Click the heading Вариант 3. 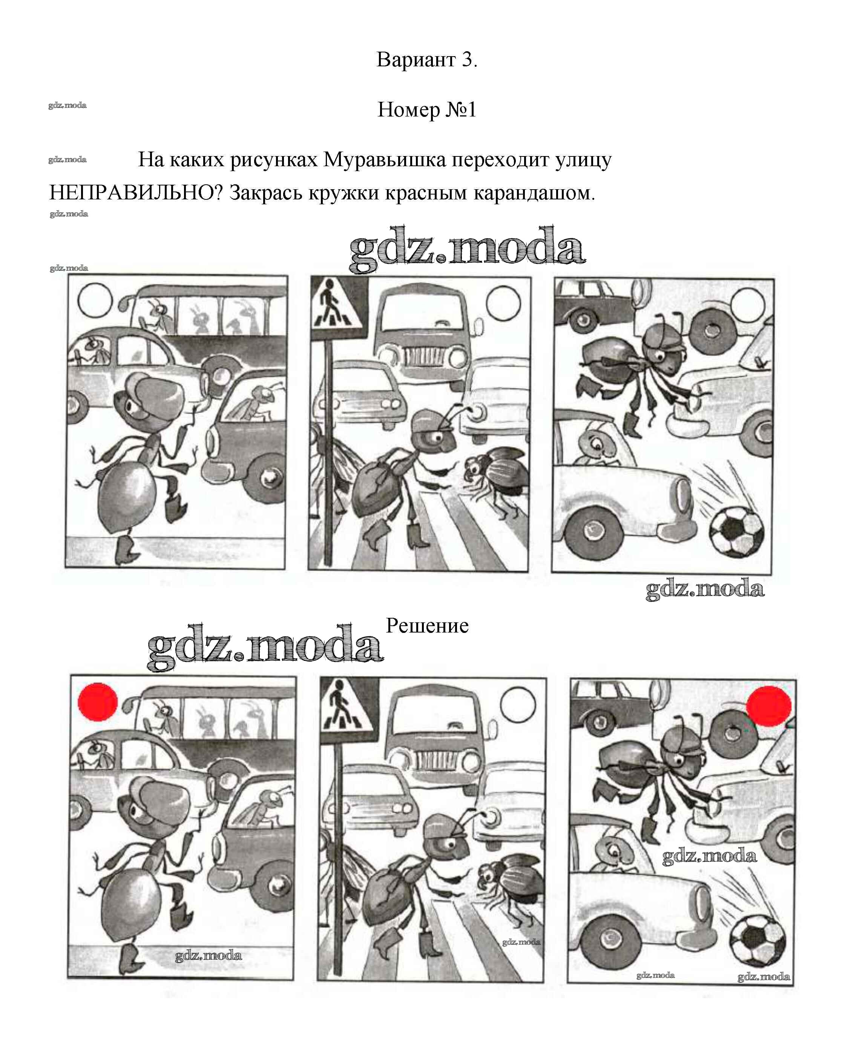427,60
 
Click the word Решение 427,626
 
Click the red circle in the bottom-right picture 768,706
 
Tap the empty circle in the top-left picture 95,300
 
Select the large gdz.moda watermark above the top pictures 467,249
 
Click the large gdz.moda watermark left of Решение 265,647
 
